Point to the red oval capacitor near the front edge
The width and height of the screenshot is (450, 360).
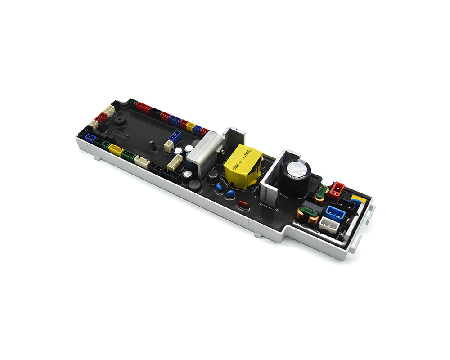coord(243,204)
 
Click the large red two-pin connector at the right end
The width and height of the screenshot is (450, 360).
coord(336,190)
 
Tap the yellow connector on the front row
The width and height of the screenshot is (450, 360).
coord(116,150)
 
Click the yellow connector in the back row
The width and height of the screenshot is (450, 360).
coord(191,126)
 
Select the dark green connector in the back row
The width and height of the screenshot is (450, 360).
coord(132,103)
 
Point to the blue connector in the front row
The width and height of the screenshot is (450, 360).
coord(90,137)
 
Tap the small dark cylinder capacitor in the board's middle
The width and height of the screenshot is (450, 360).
coord(154,145)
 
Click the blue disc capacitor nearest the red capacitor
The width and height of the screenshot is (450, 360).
coord(230,195)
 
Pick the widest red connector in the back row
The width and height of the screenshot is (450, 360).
coord(144,107)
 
